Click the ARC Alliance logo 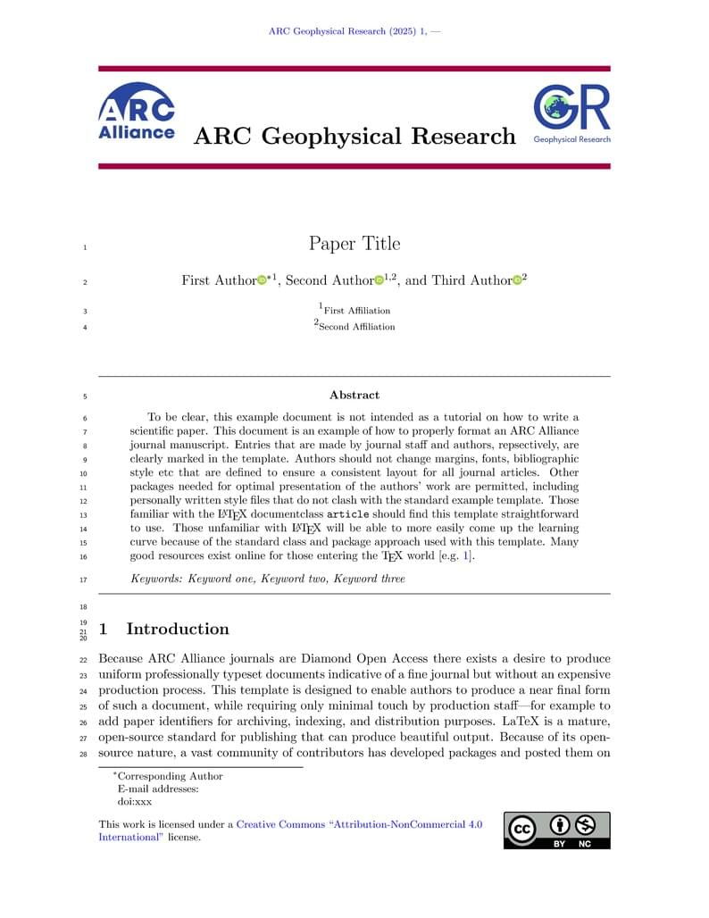pyautogui.click(x=136, y=112)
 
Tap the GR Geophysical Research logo pyautogui.click(x=571, y=114)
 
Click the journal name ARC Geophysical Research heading pyautogui.click(x=354, y=136)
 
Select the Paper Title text pyautogui.click(x=354, y=244)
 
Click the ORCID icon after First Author pyautogui.click(x=262, y=281)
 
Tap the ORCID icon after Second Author pyautogui.click(x=379, y=281)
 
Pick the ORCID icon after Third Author pyautogui.click(x=516, y=281)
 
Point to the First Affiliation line pyautogui.click(x=355, y=311)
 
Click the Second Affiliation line pyautogui.click(x=354, y=327)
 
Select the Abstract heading pyautogui.click(x=354, y=395)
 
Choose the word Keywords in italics pyautogui.click(x=155, y=579)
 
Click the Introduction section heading pyautogui.click(x=177, y=629)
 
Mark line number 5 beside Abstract pyautogui.click(x=84, y=396)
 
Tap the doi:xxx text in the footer pyautogui.click(x=135, y=802)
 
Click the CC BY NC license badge pyautogui.click(x=557, y=830)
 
